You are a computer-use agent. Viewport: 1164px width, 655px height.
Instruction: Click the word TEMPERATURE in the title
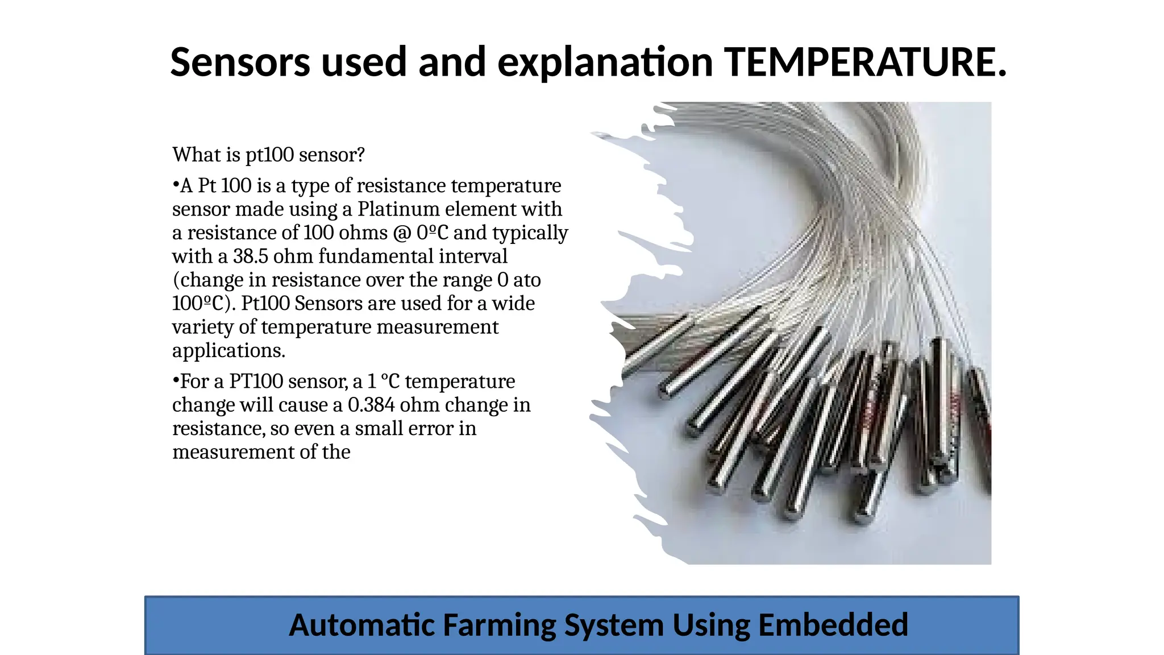click(x=864, y=62)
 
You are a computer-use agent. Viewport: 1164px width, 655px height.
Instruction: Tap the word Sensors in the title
click(x=240, y=62)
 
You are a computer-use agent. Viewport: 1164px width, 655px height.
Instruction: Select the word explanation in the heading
click(x=605, y=62)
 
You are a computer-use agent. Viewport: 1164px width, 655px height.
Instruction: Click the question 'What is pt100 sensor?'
click(x=268, y=155)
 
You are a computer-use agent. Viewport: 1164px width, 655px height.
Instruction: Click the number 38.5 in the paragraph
click(x=250, y=256)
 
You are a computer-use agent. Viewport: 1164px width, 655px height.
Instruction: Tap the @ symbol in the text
click(x=402, y=233)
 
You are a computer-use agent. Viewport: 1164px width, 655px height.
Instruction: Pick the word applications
click(x=228, y=351)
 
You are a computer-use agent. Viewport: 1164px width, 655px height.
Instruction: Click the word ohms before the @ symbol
click(x=363, y=233)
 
